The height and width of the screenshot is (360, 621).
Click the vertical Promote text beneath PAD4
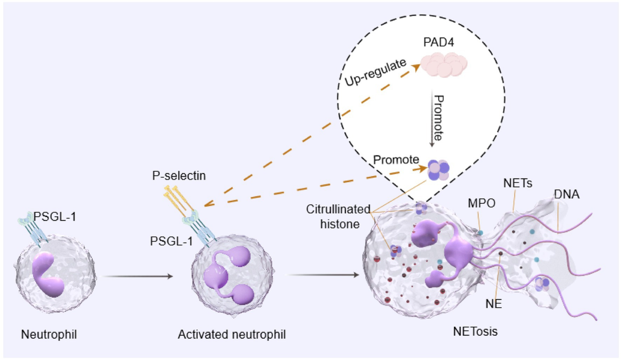[437, 118]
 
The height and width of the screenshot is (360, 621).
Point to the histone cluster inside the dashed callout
[438, 170]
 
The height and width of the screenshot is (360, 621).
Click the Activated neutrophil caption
[231, 335]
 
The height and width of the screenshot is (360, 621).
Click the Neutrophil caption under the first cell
[49, 335]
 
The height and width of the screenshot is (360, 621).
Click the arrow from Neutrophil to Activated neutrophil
[138, 277]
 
